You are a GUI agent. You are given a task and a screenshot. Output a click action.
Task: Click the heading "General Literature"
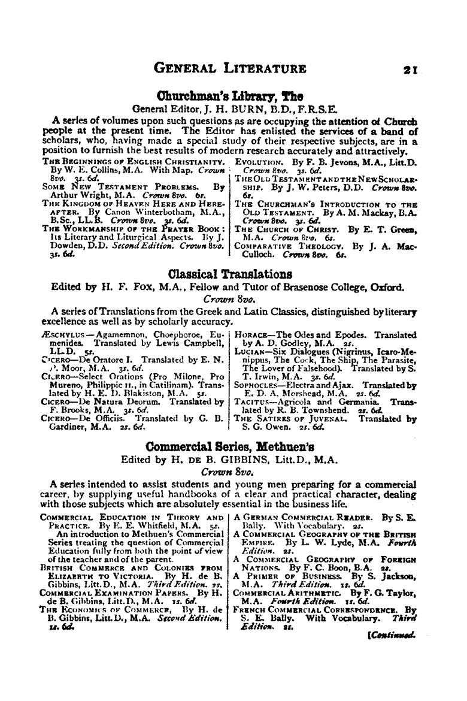[x=231, y=68]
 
